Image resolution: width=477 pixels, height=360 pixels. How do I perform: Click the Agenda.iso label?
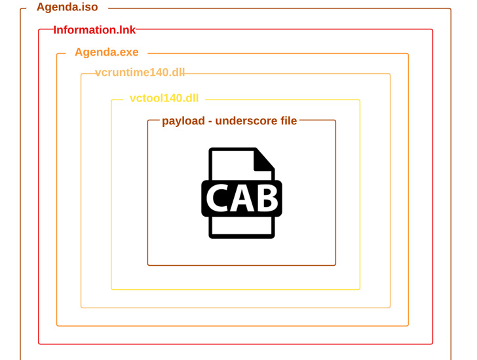67,7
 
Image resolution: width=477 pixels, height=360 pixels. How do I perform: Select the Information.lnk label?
94,30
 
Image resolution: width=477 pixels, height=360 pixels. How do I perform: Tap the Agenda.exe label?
106,52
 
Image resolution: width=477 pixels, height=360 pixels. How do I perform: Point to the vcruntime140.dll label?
140,73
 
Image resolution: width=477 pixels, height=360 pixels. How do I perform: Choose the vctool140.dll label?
164,99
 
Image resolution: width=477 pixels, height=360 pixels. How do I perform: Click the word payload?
183,121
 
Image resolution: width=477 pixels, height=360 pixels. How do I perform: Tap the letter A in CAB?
241,198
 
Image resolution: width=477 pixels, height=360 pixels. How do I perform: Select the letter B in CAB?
265,198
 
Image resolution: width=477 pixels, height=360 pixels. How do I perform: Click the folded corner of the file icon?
264,160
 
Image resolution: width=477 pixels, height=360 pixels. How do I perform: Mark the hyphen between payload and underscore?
210,122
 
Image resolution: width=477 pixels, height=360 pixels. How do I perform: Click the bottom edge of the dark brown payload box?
241,265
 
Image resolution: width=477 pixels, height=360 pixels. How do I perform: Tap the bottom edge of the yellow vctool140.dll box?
235,289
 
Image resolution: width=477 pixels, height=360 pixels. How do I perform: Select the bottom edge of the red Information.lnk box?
235,344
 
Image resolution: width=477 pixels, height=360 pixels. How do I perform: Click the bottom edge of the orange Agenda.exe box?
233,325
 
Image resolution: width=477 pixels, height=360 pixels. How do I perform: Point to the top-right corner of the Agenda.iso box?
450,9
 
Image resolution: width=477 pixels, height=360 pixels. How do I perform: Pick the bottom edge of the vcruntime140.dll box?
235,308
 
